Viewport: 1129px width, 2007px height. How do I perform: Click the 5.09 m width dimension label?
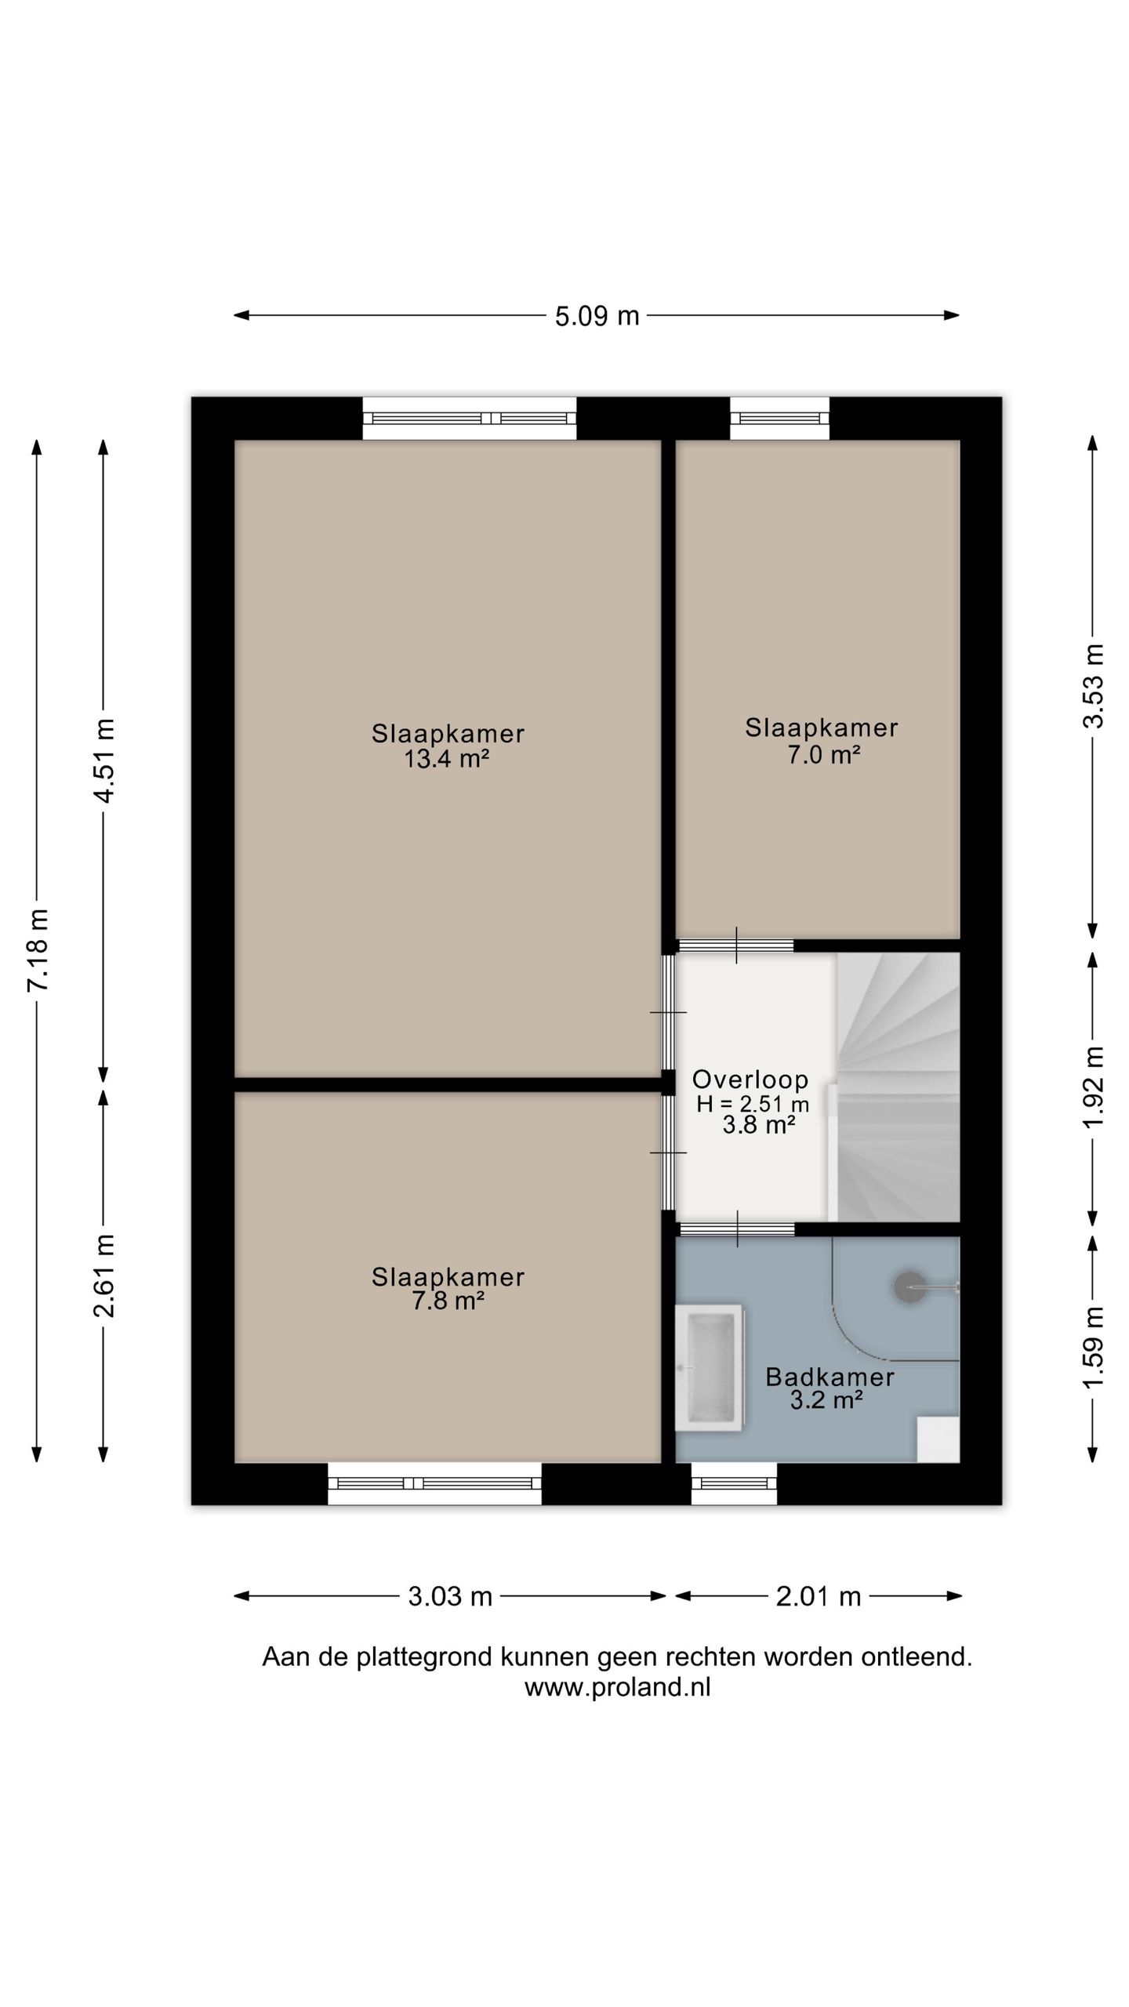pyautogui.click(x=597, y=316)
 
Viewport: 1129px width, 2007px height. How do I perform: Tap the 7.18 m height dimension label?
pyautogui.click(x=38, y=950)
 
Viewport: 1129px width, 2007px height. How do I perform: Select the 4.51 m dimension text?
pyautogui.click(x=104, y=760)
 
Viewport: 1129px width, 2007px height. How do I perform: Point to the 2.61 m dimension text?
pyautogui.click(x=104, y=1275)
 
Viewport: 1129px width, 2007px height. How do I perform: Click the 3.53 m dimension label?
pyautogui.click(x=1093, y=686)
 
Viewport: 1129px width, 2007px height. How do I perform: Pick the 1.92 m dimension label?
pyautogui.click(x=1093, y=1087)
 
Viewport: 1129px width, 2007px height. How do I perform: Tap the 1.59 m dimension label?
pyautogui.click(x=1093, y=1347)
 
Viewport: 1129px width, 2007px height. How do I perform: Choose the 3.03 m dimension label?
pyautogui.click(x=450, y=1596)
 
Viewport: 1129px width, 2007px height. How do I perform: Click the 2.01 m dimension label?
pyautogui.click(x=819, y=1596)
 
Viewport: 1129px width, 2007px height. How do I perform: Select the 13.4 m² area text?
pyautogui.click(x=447, y=759)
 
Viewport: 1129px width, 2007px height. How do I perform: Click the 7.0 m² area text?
pyautogui.click(x=824, y=755)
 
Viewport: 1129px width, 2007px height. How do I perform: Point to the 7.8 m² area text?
pyautogui.click(x=448, y=1301)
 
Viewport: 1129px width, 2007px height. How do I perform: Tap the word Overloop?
pyautogui.click(x=750, y=1080)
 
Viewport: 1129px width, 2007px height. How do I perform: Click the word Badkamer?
pyautogui.click(x=830, y=1377)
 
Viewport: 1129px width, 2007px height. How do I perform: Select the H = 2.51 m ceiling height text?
pyautogui.click(x=753, y=1104)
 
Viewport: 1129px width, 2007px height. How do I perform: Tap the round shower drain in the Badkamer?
pyautogui.click(x=909, y=1287)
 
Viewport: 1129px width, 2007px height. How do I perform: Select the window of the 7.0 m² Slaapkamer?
pyautogui.click(x=780, y=419)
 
